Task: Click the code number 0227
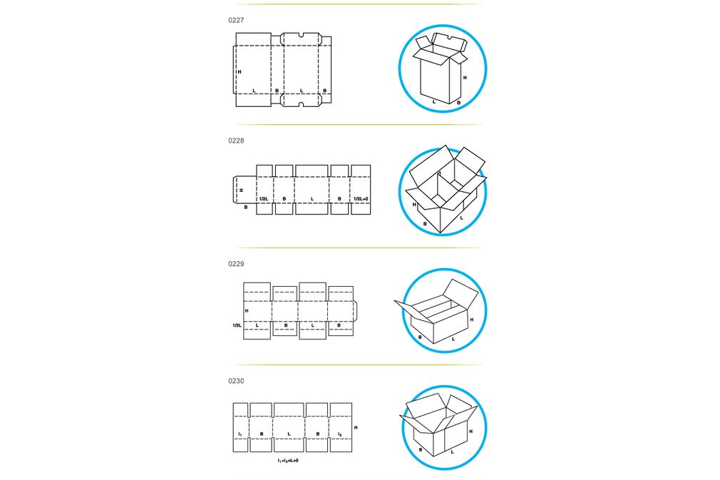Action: tap(236, 20)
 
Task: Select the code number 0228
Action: tap(236, 141)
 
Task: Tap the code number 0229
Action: tap(236, 264)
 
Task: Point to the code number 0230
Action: tap(236, 381)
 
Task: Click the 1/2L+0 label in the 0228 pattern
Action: tap(361, 199)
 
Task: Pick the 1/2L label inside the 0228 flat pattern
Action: tap(264, 199)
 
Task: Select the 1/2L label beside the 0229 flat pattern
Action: tap(237, 325)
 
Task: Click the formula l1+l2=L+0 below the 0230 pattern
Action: tap(288, 460)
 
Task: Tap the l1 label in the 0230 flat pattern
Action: tap(240, 434)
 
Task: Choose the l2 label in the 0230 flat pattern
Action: tap(340, 434)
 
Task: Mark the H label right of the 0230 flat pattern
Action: tap(356, 428)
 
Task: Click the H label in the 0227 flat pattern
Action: tap(240, 72)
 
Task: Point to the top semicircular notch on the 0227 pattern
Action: tap(301, 35)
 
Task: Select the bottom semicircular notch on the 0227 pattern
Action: tap(301, 105)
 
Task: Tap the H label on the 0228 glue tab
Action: tap(242, 190)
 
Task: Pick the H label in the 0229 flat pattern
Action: tap(247, 311)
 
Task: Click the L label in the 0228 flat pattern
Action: tap(312, 199)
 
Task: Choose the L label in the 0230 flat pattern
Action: tap(289, 434)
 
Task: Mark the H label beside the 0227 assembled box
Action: tap(465, 78)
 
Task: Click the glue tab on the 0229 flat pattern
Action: tap(355, 311)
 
